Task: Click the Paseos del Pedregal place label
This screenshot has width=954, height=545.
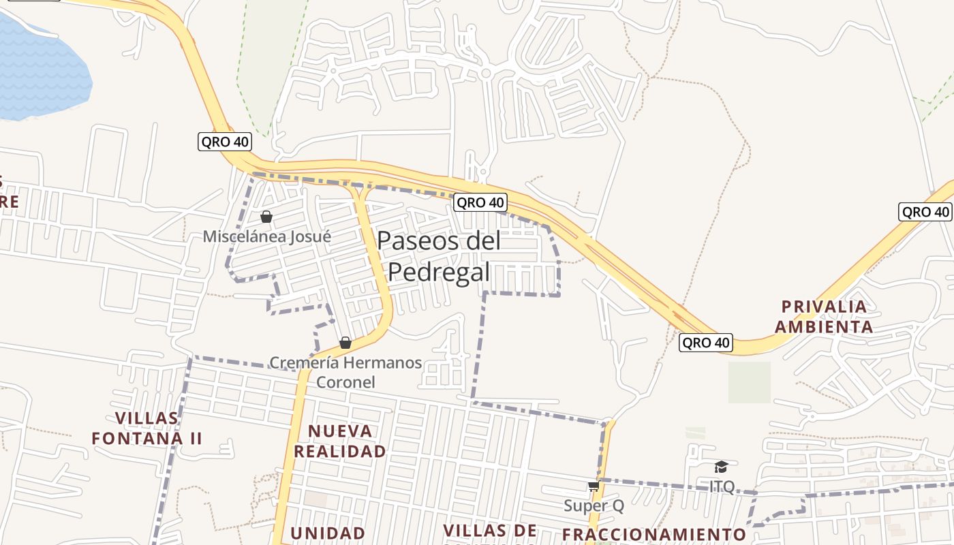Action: pyautogui.click(x=439, y=256)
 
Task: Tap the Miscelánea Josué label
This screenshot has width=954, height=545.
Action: pyautogui.click(x=266, y=236)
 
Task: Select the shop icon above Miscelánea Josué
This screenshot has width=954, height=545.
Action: pyautogui.click(x=266, y=217)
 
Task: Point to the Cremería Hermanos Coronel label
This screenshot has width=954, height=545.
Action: pyautogui.click(x=345, y=372)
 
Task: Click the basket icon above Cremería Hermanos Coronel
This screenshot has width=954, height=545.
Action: pyautogui.click(x=345, y=342)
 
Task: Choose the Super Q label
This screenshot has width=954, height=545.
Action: pyautogui.click(x=594, y=505)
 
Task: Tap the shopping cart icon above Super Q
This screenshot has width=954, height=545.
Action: pyautogui.click(x=594, y=486)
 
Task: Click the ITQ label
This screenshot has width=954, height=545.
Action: pyautogui.click(x=722, y=486)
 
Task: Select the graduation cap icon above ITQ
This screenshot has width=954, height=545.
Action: pyautogui.click(x=721, y=467)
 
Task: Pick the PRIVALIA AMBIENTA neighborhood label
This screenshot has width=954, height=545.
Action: pyautogui.click(x=824, y=316)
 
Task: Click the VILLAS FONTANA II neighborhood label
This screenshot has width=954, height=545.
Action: pyautogui.click(x=147, y=428)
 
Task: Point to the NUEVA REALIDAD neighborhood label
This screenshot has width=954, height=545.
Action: pyautogui.click(x=340, y=441)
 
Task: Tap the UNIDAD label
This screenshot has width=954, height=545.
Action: pyautogui.click(x=328, y=533)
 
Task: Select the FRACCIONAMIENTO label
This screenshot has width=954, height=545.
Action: pyautogui.click(x=654, y=534)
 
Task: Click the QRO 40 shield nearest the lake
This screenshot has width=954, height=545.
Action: pyautogui.click(x=225, y=142)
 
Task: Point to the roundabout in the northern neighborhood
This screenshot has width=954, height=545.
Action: pyautogui.click(x=485, y=73)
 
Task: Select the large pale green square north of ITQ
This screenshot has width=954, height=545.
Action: pyautogui.click(x=749, y=382)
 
